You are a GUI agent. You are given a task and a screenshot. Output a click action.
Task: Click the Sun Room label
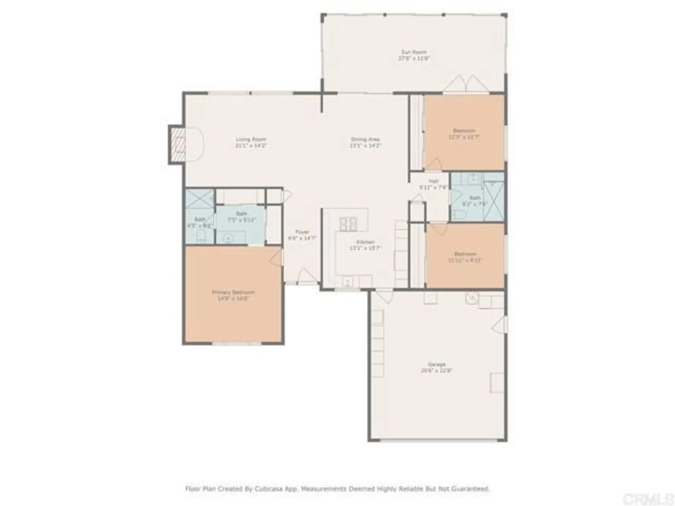414,52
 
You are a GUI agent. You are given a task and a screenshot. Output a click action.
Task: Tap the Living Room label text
251,139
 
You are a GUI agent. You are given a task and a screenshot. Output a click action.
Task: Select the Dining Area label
365,139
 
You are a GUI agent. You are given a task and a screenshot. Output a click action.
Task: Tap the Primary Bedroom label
233,292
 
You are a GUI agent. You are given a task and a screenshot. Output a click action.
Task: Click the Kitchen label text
365,242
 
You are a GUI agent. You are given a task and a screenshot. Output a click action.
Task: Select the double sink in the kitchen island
348,224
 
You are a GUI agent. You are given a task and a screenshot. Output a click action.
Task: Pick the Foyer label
302,232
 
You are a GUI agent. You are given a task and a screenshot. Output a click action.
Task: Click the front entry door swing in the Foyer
306,276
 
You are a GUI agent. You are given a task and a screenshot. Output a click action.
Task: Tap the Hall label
433,181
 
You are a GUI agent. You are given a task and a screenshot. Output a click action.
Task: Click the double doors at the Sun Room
466,83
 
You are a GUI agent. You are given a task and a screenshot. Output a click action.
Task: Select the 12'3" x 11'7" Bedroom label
464,131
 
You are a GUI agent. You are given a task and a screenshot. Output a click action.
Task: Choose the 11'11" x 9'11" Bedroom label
465,254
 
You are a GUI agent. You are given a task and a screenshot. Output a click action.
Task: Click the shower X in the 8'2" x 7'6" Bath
494,201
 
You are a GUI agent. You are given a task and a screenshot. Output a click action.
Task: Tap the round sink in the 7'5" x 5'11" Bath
228,239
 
